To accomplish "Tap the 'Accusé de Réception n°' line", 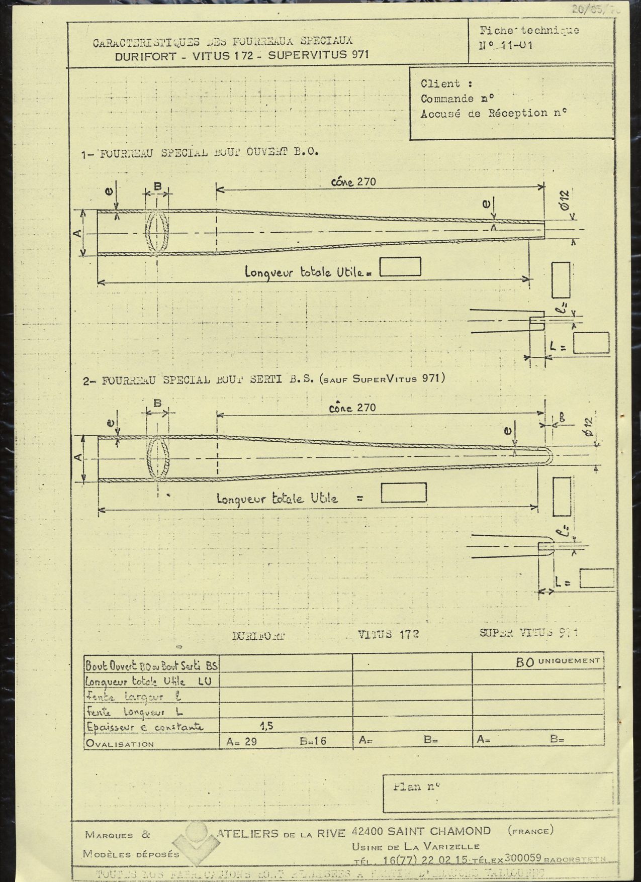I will pos(493,114).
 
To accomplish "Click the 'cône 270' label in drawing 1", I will pos(353,181).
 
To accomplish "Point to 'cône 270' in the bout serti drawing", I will pos(352,408).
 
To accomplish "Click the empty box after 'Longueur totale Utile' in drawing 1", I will pos(400,267).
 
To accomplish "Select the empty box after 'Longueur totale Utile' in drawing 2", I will pos(403,493).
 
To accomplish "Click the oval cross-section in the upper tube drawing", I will pos(157,232).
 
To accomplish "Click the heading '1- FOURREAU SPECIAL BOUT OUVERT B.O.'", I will pos(200,153).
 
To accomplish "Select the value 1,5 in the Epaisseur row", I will pos(266,726).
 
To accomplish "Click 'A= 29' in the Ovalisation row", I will pos(242,741).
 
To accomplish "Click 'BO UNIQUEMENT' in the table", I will pos(558,662).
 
